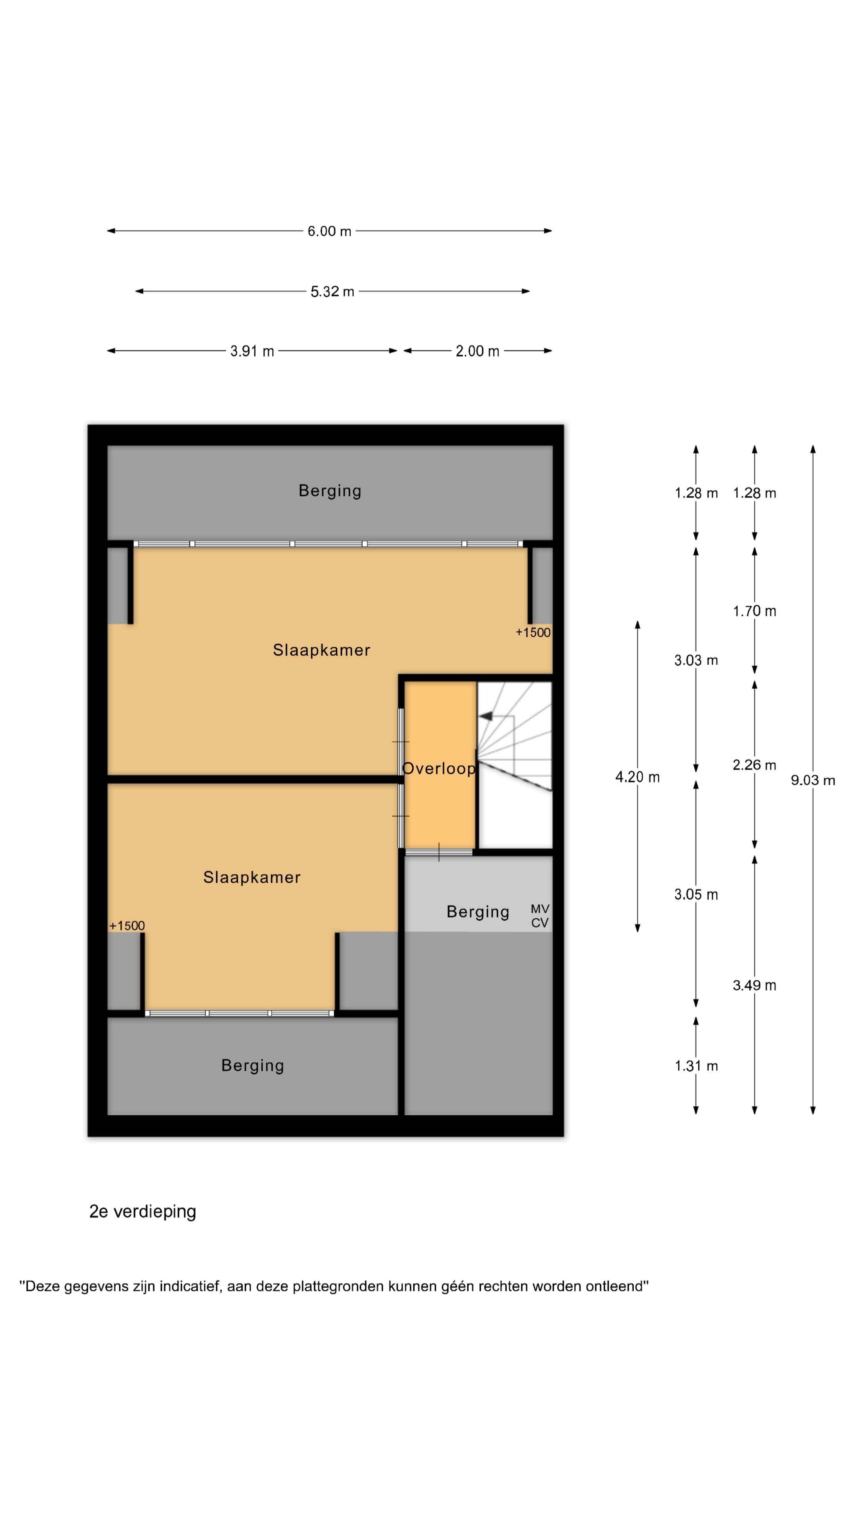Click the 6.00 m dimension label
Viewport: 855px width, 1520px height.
tap(329, 231)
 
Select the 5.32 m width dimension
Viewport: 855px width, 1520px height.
tap(332, 291)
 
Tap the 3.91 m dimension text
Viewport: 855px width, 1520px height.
tap(252, 351)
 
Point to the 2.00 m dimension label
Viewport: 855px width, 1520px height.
tap(477, 351)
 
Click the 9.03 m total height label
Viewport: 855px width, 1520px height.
tap(813, 781)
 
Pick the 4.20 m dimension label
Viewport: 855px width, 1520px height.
tap(637, 777)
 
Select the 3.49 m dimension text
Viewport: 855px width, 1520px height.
tap(754, 985)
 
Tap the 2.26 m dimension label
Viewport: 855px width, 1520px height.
tap(754, 765)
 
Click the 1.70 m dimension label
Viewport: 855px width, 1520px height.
tap(754, 611)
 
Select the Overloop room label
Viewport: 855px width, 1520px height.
tap(439, 768)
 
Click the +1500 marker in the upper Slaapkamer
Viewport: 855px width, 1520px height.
tap(533, 633)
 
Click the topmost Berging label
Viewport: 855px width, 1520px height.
tap(330, 491)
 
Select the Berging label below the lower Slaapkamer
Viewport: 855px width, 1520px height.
tap(253, 1066)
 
